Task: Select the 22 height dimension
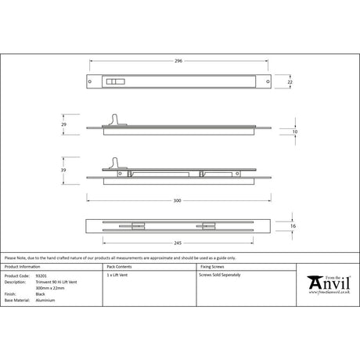289,81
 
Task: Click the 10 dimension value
294,132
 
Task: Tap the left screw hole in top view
92,81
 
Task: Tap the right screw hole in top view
263,81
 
